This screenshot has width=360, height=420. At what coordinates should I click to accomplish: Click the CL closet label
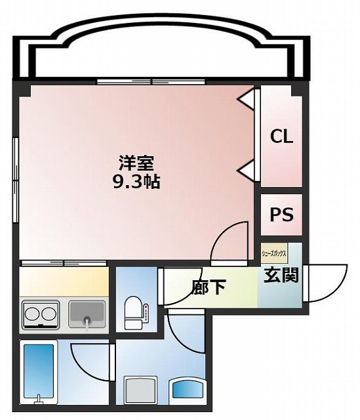coord(282,137)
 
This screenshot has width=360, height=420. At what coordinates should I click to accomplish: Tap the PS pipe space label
coord(282,215)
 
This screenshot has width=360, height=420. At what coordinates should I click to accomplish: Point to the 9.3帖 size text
coord(136,182)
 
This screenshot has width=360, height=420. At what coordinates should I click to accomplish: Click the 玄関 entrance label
coord(282,275)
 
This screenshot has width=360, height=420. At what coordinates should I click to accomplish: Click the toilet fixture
coord(133,312)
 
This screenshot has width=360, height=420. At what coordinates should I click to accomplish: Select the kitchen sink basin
coord(86,314)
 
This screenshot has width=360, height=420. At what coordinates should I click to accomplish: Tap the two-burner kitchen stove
coord(41,314)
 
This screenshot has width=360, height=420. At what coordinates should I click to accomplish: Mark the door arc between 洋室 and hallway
coord(231,239)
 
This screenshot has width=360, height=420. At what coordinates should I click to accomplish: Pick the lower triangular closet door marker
coord(248,170)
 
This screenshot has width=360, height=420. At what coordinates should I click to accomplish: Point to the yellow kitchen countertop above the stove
coord(63,282)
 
